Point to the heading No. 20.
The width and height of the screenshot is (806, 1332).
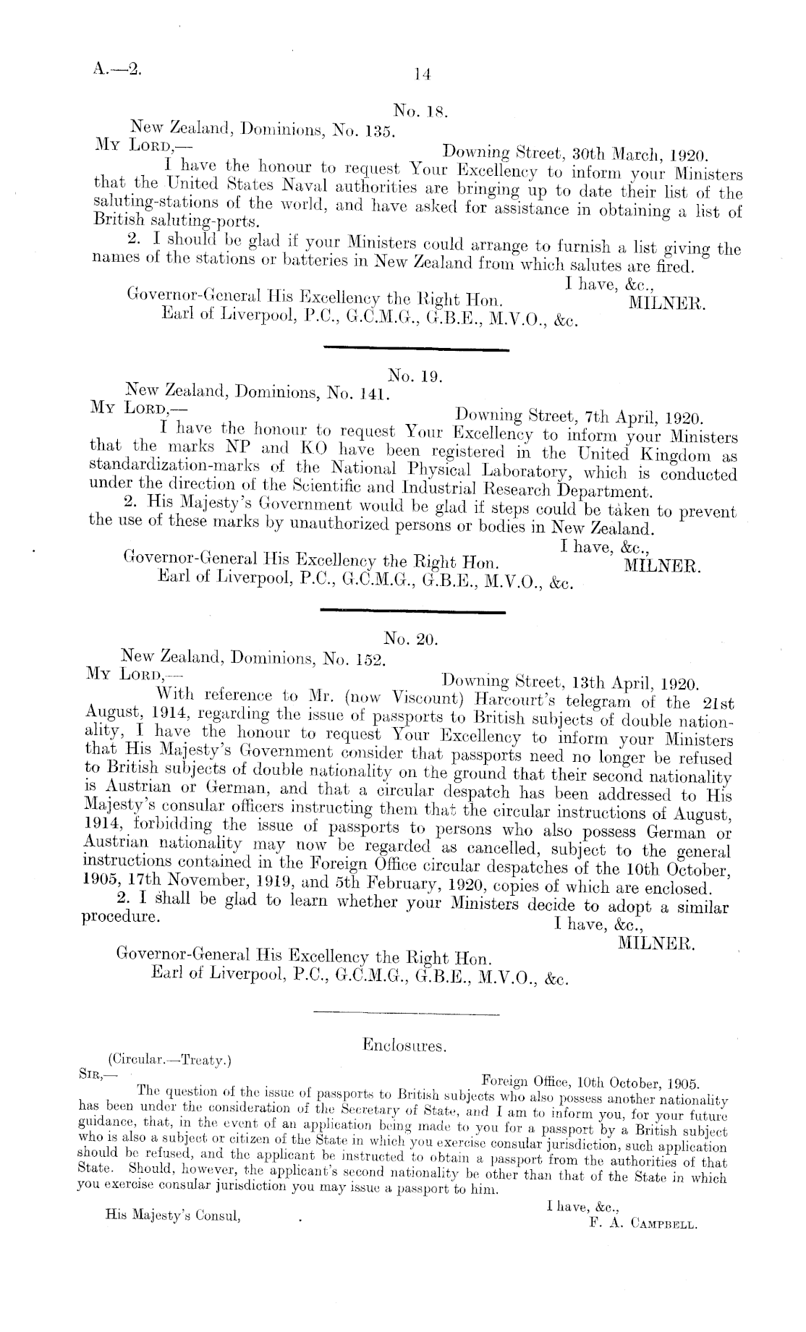point(410,639)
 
